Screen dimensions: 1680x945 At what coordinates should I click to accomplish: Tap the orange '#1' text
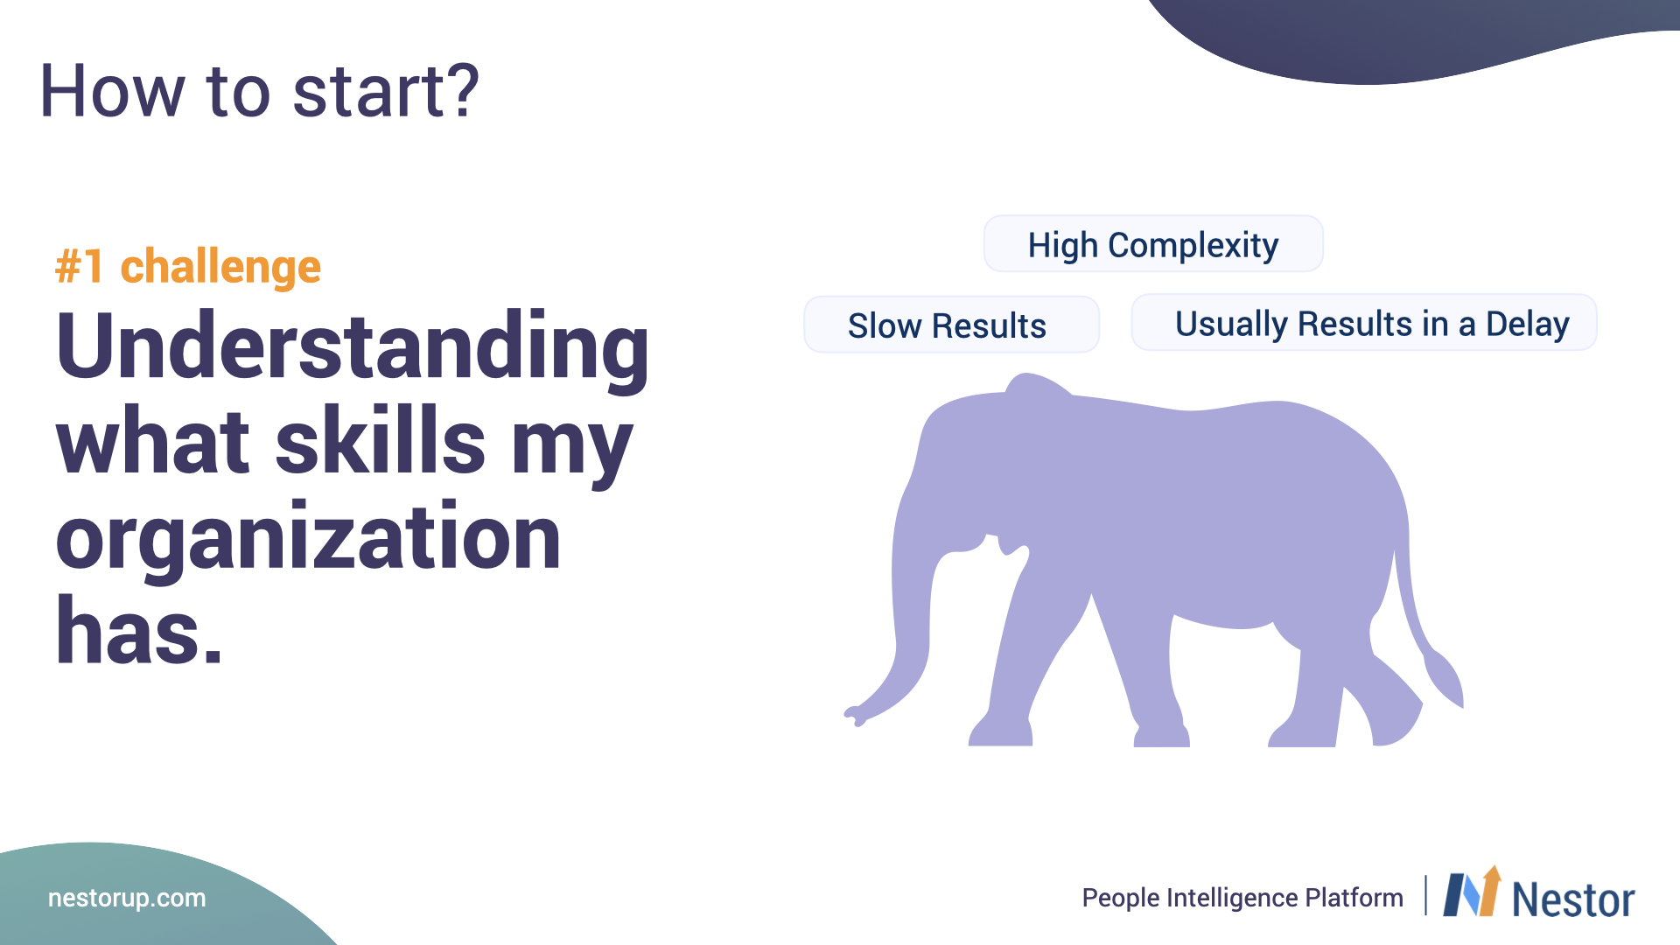[x=80, y=267]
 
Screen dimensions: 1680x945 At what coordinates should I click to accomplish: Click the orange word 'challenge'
[x=220, y=267]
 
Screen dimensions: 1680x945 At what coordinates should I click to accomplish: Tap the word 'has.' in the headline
[x=139, y=630]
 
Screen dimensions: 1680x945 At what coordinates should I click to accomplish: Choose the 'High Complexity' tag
[x=1153, y=244]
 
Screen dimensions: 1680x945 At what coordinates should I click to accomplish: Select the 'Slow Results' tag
[x=951, y=325]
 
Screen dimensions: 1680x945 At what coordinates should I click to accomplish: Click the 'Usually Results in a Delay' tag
[x=1364, y=323]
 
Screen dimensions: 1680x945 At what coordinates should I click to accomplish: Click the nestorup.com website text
[x=127, y=898]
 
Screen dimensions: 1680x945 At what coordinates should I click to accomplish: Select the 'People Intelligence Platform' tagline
[x=1242, y=898]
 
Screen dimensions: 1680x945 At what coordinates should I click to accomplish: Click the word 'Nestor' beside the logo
[x=1573, y=899]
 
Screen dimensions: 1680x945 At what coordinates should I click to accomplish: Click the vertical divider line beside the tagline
[x=1425, y=895]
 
